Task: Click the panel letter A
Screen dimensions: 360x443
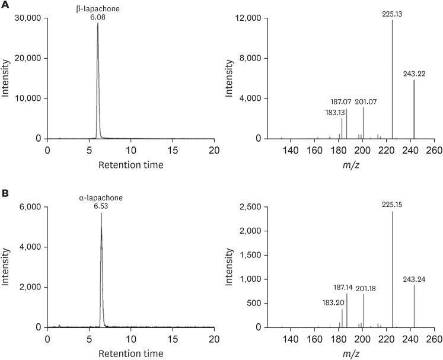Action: point(5,5)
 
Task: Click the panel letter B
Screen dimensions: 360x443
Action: point(5,193)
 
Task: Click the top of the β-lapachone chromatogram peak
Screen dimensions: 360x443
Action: point(98,24)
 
